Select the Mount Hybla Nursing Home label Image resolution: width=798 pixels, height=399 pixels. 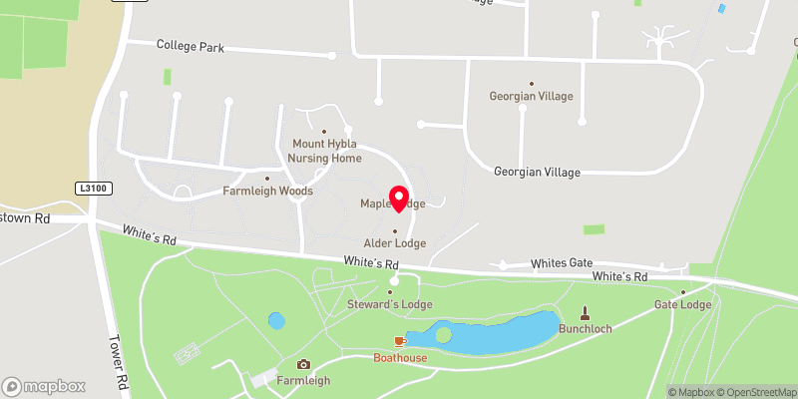click(x=324, y=151)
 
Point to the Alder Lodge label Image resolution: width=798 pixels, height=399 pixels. click(x=395, y=242)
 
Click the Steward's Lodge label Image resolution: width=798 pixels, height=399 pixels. click(x=389, y=303)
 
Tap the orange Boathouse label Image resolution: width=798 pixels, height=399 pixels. click(x=400, y=357)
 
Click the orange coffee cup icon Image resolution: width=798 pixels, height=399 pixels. click(x=400, y=341)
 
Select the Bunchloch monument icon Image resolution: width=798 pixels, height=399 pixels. click(x=585, y=312)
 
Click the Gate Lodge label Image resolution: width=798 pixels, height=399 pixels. click(x=682, y=304)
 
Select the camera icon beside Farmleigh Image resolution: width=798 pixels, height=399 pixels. click(x=303, y=364)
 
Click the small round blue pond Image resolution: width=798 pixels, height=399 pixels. click(x=276, y=321)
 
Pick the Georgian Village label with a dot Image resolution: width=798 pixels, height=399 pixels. click(x=531, y=96)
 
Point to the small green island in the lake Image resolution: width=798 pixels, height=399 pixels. click(x=443, y=334)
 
